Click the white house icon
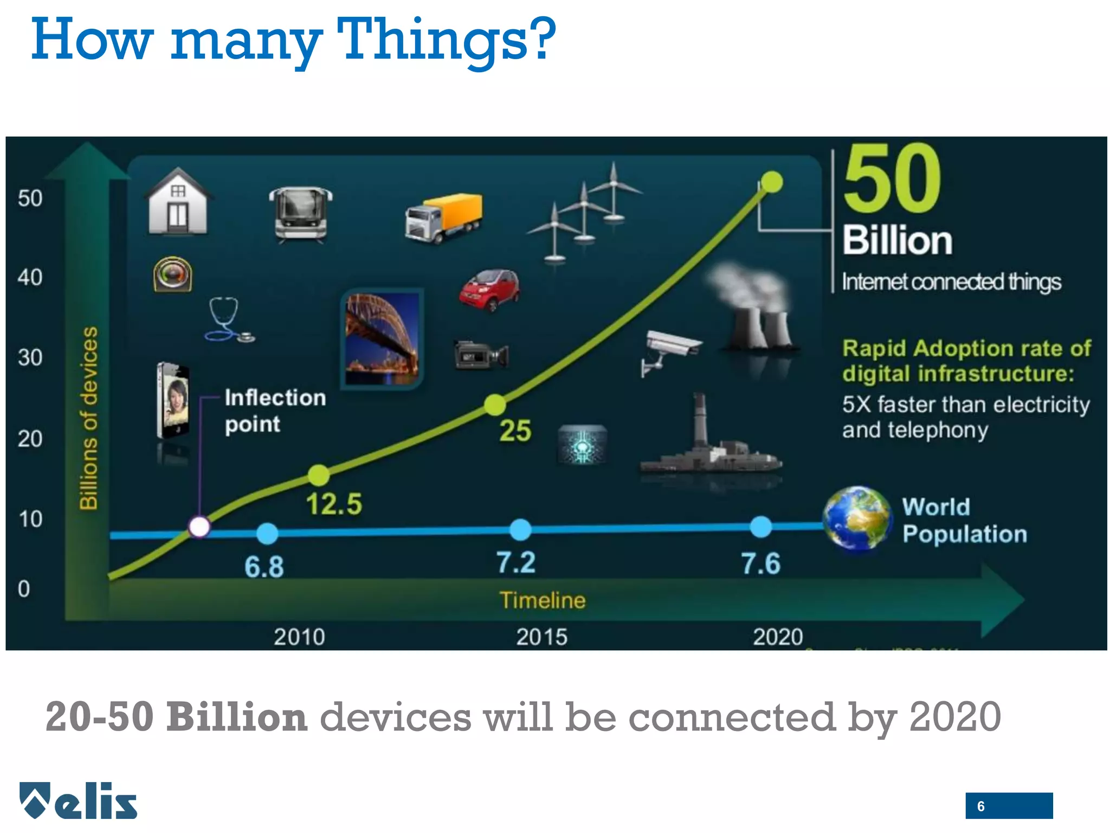coord(178,202)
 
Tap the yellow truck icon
coord(443,218)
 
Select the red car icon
coord(489,290)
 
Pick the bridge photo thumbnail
coord(383,339)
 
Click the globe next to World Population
coord(857,518)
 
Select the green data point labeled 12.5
coord(319,475)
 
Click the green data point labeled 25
coord(495,405)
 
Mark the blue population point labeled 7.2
coord(520,529)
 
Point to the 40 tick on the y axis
coord(30,278)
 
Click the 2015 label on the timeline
coord(541,637)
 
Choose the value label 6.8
coord(264,567)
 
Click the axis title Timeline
coord(543,600)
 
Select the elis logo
coord(79,800)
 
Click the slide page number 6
coord(981,806)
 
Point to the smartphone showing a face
coord(173,400)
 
